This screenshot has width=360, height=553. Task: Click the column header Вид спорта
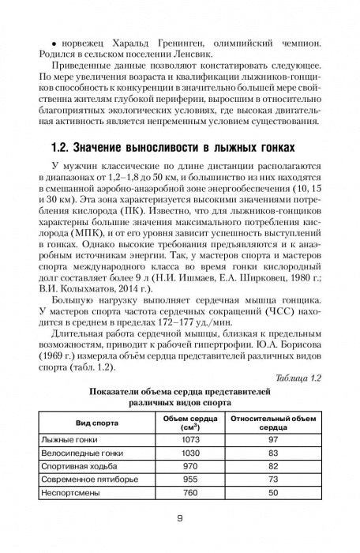88,423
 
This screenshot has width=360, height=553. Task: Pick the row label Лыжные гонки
66,438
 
